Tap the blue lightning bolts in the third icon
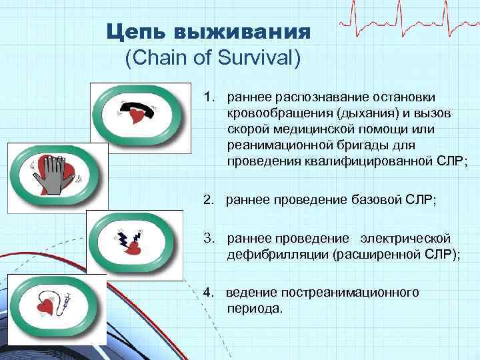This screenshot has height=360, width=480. pos(132,237)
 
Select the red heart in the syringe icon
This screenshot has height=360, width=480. pos(46,309)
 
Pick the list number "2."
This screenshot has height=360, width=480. pos(210,199)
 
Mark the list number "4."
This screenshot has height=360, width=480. pos(210,293)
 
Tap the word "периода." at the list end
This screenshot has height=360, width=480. pos(255,309)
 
